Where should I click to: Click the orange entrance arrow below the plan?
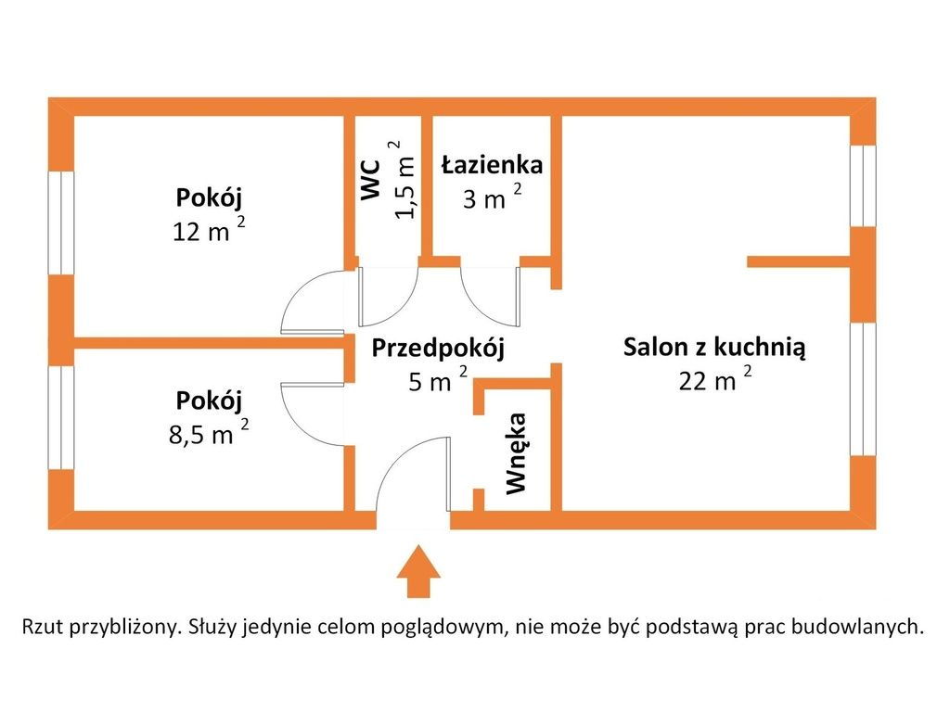[x=418, y=571]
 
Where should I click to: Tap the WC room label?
[x=370, y=179]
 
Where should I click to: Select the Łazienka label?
[x=492, y=165]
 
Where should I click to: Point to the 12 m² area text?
[x=209, y=231]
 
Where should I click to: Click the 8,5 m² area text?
[x=209, y=434]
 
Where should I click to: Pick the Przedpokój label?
[x=438, y=349]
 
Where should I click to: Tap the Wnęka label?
[x=517, y=453]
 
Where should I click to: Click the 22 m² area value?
[x=715, y=380]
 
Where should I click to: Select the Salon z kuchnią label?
[x=715, y=348]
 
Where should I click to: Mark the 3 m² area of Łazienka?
[x=492, y=197]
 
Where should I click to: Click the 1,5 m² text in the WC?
[x=404, y=180]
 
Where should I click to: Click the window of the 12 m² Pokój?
[x=60, y=223]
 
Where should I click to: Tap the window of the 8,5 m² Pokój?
[x=60, y=418]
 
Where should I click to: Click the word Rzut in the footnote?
[x=43, y=626]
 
